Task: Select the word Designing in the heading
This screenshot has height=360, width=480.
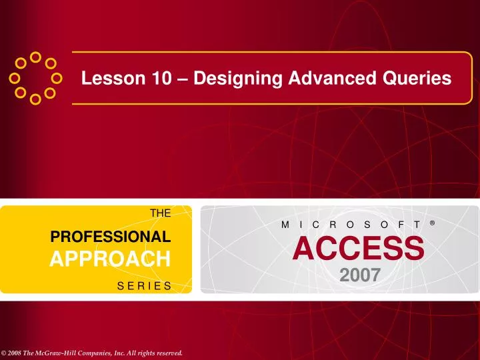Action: tap(229, 79)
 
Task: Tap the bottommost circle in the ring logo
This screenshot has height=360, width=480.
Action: tap(35, 100)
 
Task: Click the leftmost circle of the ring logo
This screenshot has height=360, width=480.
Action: tap(13, 78)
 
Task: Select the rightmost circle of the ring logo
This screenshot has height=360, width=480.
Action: tap(57, 78)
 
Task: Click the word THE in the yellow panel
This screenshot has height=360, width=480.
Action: tap(161, 213)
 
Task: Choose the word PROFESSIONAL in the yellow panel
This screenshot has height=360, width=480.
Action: tap(111, 236)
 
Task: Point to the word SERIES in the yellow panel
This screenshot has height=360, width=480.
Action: tap(144, 285)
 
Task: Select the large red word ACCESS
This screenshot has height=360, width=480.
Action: tap(357, 249)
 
